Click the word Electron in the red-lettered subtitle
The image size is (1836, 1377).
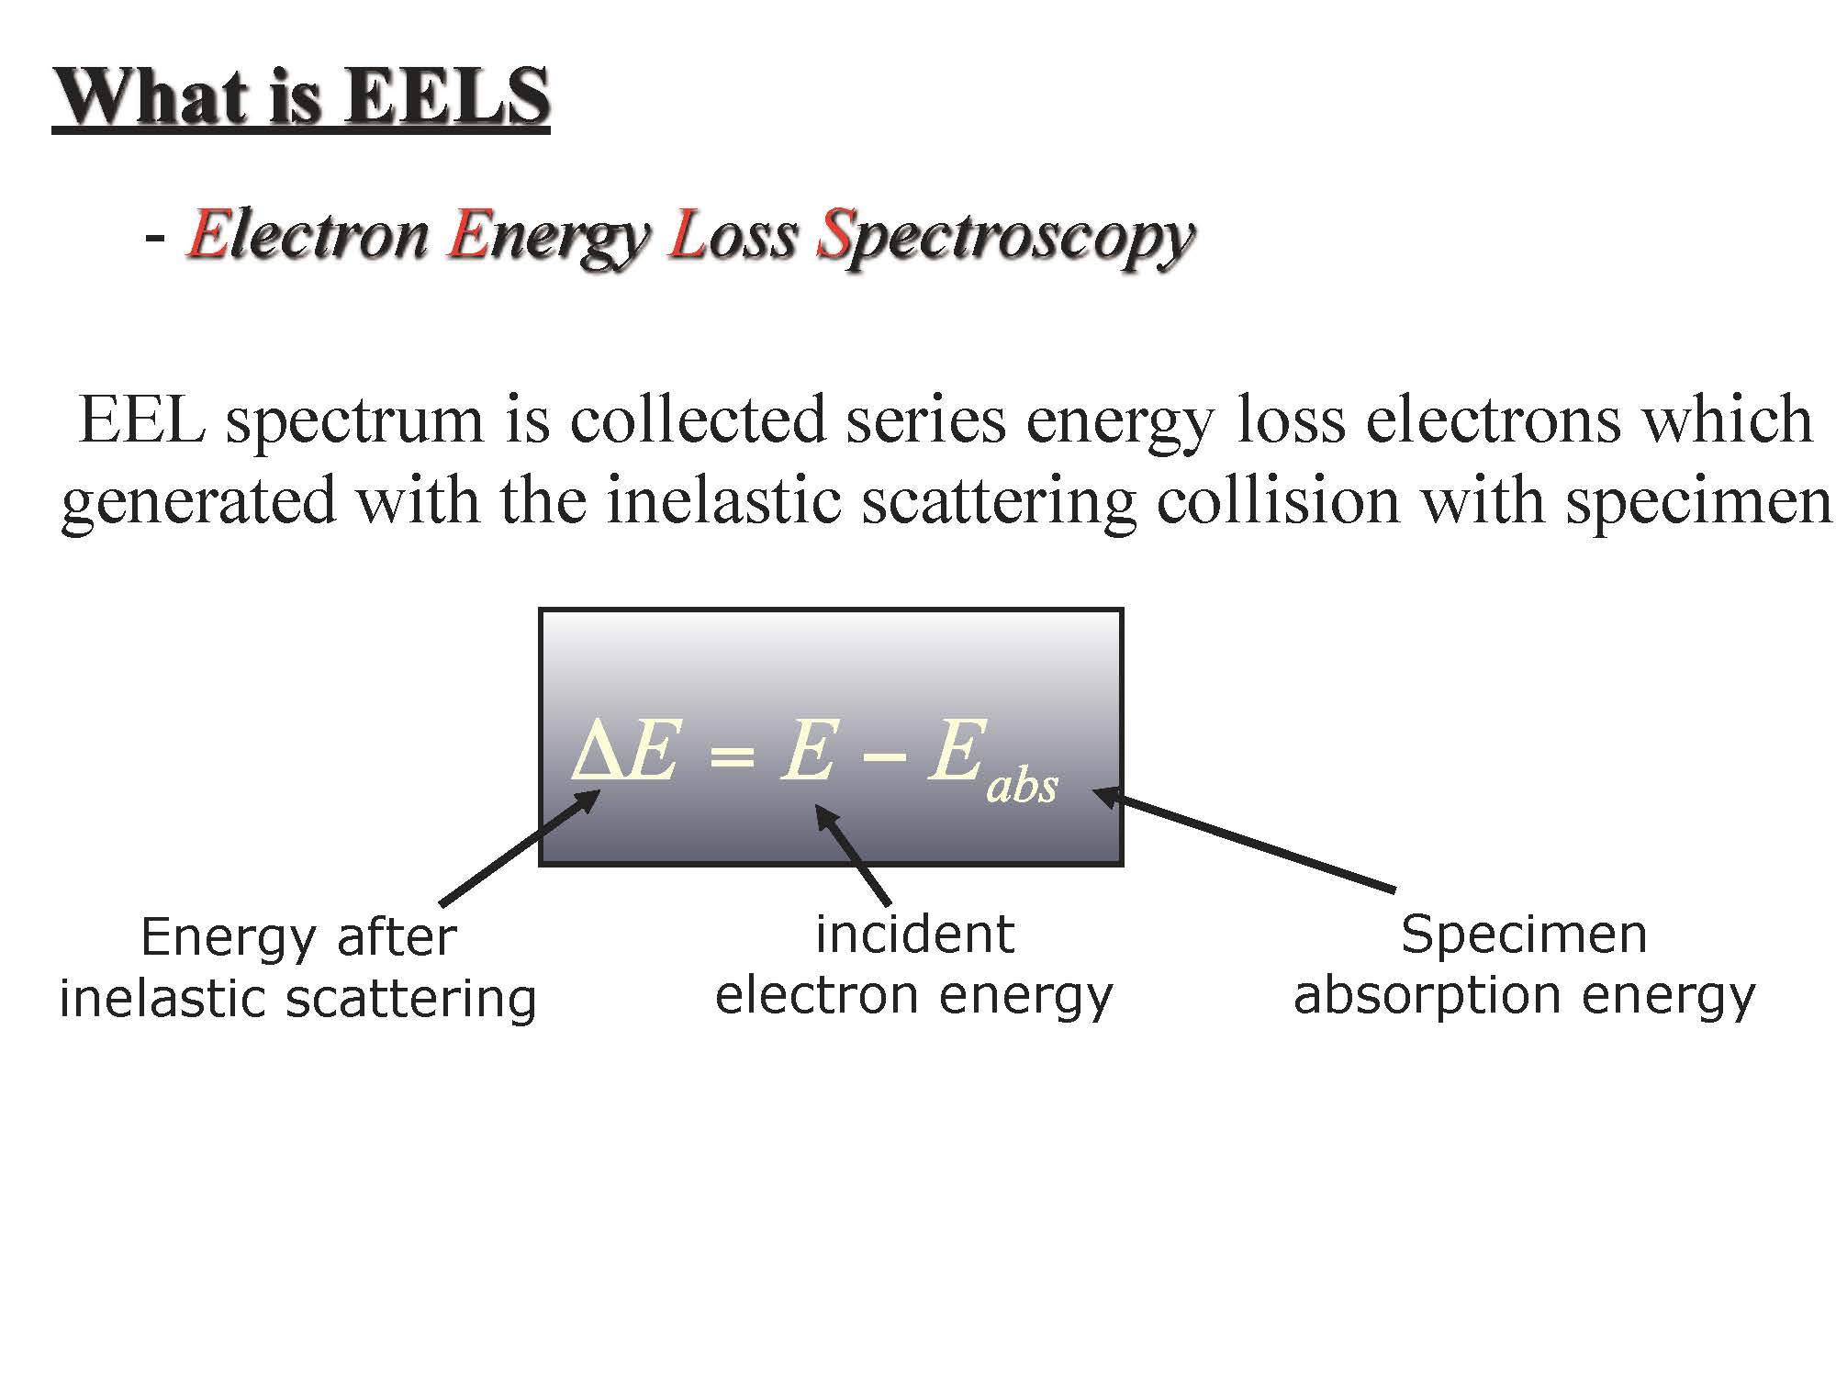click(x=308, y=235)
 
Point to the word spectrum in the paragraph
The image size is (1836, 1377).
click(x=354, y=422)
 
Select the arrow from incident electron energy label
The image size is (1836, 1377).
click(x=853, y=854)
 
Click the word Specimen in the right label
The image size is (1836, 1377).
click(x=1523, y=935)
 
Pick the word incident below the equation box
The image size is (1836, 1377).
click(x=914, y=935)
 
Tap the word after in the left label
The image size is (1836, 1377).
click(x=397, y=937)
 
